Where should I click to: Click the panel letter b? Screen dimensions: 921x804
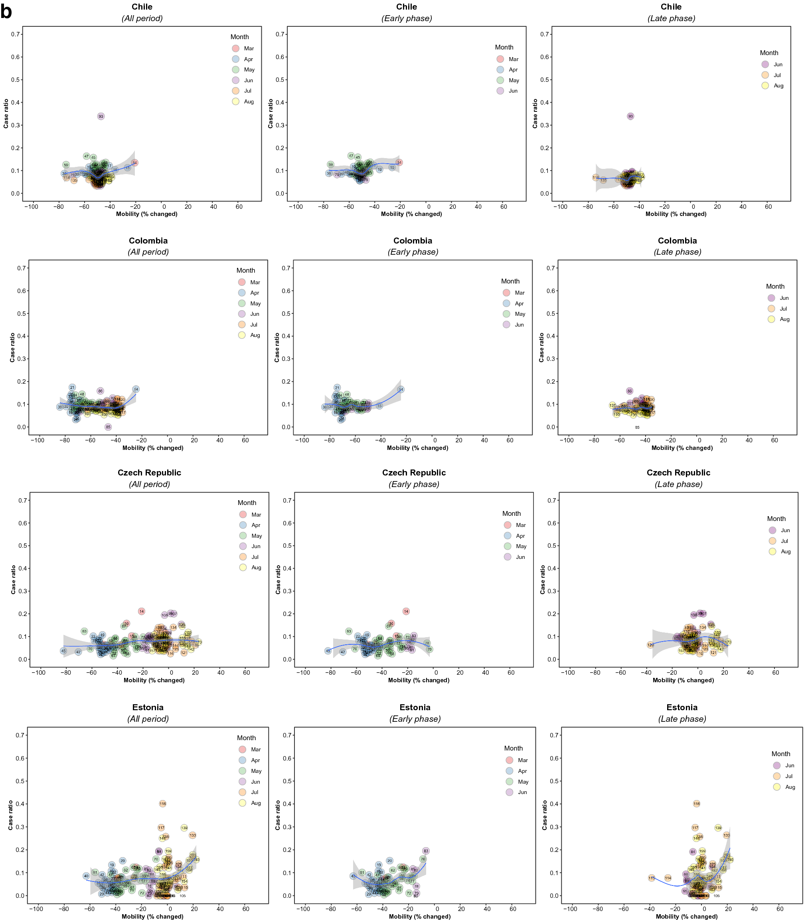(6, 12)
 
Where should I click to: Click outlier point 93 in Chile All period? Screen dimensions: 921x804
(101, 116)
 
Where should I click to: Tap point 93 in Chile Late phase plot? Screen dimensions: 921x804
(630, 116)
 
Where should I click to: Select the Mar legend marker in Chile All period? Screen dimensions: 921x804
(235, 48)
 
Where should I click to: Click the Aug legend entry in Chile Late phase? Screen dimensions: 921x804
(778, 86)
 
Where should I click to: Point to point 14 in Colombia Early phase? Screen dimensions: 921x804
(401, 390)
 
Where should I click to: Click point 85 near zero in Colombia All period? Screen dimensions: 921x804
(108, 427)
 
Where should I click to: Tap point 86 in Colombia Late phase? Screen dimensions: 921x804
(630, 391)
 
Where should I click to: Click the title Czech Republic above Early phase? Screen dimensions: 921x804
(414, 473)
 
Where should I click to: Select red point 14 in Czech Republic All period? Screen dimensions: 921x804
(142, 611)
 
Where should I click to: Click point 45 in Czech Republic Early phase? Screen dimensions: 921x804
(328, 651)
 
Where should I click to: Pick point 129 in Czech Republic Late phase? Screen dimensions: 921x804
(650, 645)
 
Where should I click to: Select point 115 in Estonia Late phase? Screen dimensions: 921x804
(652, 878)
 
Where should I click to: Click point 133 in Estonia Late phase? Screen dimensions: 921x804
(726, 835)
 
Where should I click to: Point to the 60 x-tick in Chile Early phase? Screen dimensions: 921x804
(504, 207)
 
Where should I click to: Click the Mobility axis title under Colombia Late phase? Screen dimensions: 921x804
(682, 448)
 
